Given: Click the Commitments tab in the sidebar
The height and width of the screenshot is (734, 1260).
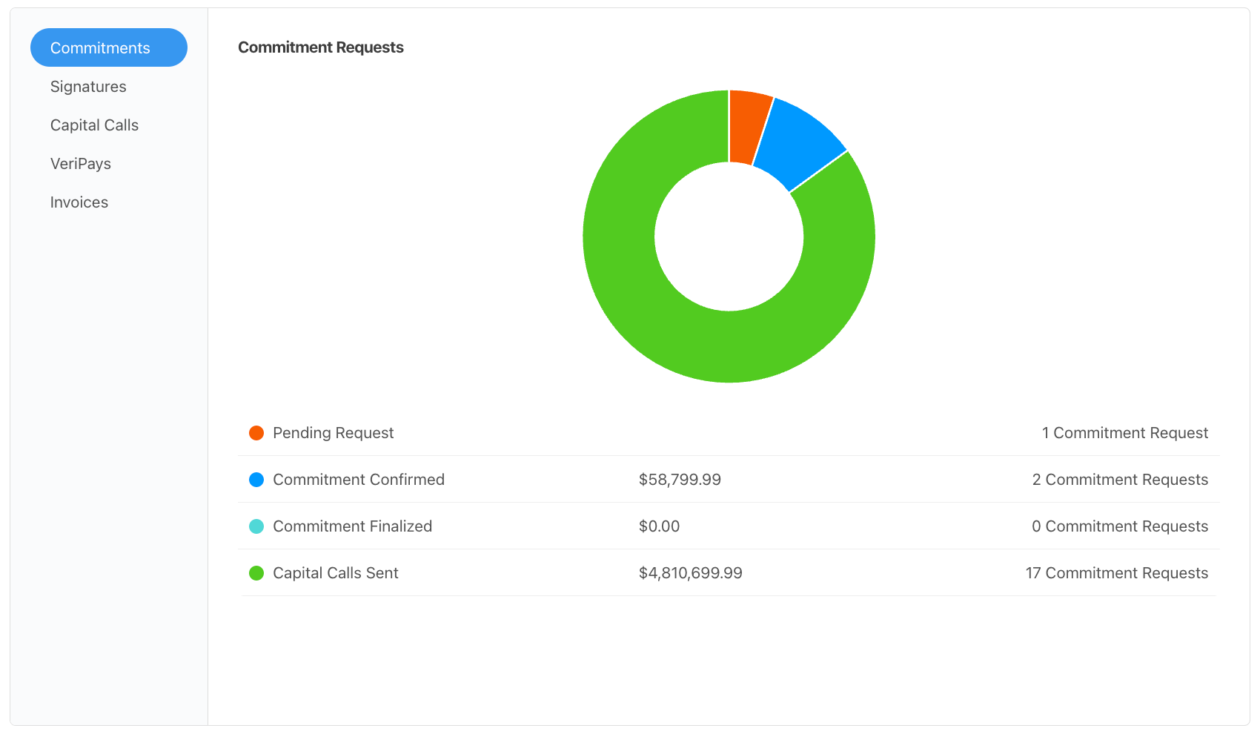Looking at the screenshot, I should [108, 47].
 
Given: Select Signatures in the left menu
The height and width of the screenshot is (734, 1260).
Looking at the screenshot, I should [88, 87].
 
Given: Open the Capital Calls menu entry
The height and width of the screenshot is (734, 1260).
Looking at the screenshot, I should [94, 125].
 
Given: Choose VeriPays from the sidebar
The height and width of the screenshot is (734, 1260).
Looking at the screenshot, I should [81, 164].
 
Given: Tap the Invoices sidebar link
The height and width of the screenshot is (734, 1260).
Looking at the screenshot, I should [79, 202].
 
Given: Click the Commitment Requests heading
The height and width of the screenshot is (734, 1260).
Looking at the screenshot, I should [320, 47].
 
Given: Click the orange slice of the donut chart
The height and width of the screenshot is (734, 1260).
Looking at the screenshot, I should [747, 127].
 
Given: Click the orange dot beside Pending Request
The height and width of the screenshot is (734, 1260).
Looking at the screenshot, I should [256, 433].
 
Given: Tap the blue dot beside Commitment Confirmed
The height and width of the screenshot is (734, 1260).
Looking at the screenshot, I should [256, 480].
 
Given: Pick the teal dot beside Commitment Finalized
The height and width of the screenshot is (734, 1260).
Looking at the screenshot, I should [256, 526].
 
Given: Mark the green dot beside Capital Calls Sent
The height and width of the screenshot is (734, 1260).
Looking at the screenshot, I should [256, 573].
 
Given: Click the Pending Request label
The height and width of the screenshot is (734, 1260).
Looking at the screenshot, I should [333, 433].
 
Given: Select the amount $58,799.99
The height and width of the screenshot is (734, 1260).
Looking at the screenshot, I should [680, 480].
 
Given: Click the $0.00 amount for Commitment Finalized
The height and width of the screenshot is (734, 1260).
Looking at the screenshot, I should [659, 526].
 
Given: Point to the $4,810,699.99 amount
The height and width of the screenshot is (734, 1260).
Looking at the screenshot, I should [690, 573].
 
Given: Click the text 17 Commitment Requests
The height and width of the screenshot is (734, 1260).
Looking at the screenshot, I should [1116, 573].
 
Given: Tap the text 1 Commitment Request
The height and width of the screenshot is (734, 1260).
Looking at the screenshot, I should [1124, 433].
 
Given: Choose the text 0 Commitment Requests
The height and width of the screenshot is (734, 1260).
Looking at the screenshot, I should [1119, 526].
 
